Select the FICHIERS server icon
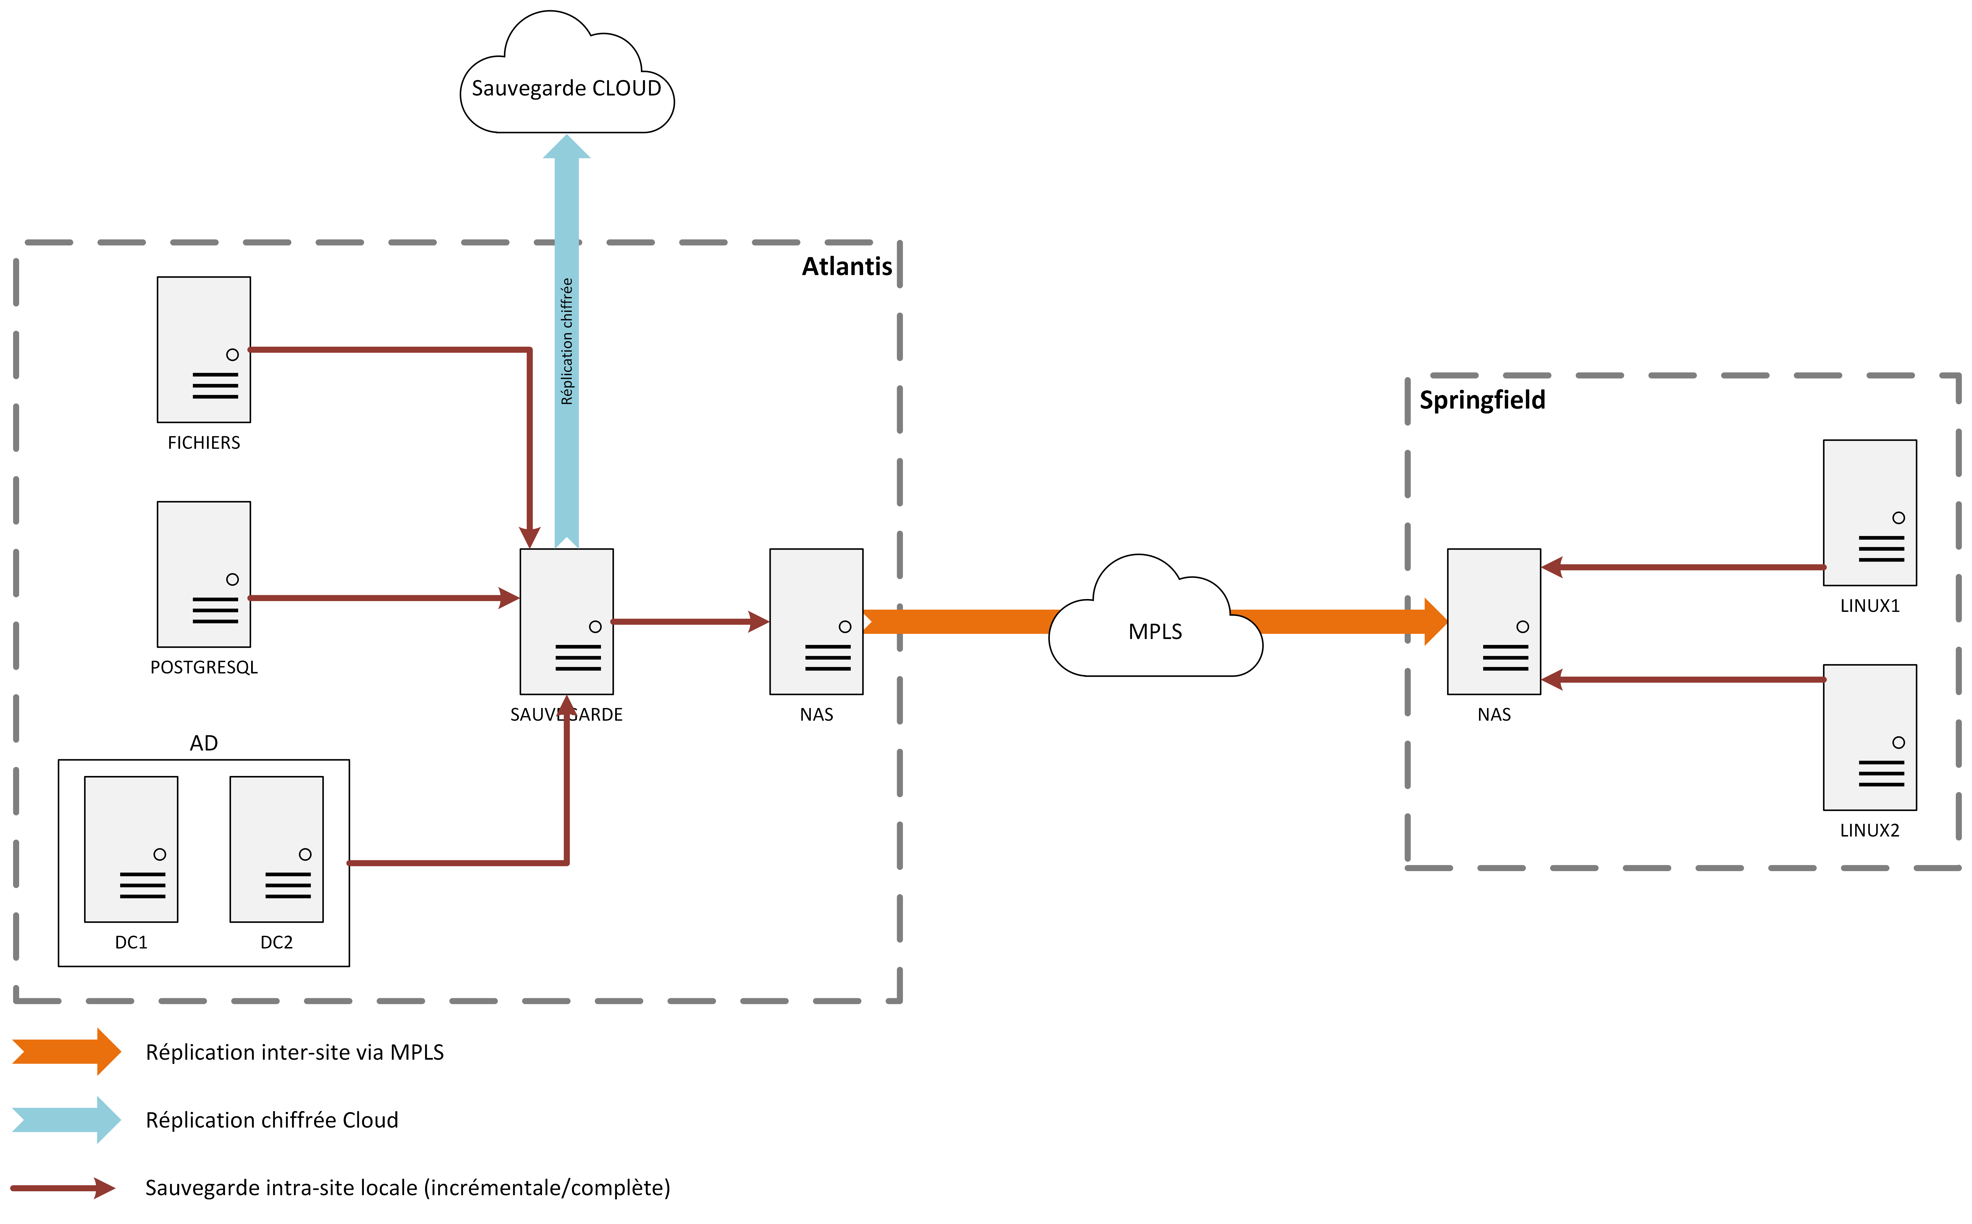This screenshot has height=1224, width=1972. tap(204, 350)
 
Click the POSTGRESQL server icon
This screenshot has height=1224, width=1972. tap(204, 574)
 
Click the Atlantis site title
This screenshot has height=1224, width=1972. tap(847, 266)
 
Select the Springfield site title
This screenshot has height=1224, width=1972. tap(1482, 400)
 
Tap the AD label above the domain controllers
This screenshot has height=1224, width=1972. tap(204, 743)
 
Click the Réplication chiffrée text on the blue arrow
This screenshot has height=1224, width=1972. tap(567, 342)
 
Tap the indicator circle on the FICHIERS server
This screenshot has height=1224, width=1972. tap(232, 355)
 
